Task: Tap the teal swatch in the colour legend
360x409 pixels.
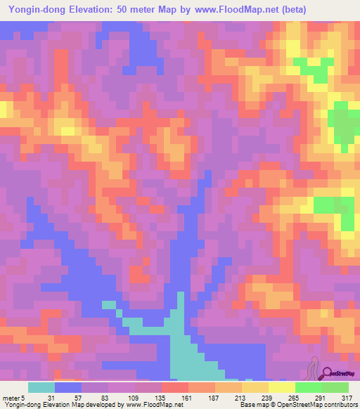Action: [41, 388]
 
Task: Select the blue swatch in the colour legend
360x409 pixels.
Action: [67, 388]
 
